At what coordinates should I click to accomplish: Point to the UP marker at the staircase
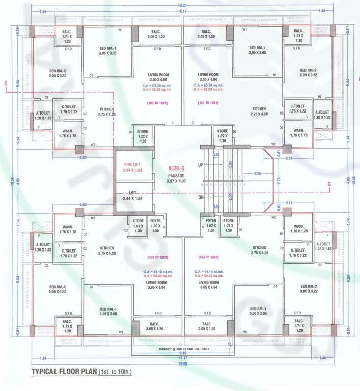coord(200,165)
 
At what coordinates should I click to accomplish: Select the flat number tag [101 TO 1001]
coord(208,103)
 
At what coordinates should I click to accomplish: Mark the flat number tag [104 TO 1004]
coord(208,257)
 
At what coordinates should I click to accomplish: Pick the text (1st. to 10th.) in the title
coord(115,372)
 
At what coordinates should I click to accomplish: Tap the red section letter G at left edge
coord(5,81)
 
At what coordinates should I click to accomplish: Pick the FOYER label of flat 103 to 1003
coord(155,221)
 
